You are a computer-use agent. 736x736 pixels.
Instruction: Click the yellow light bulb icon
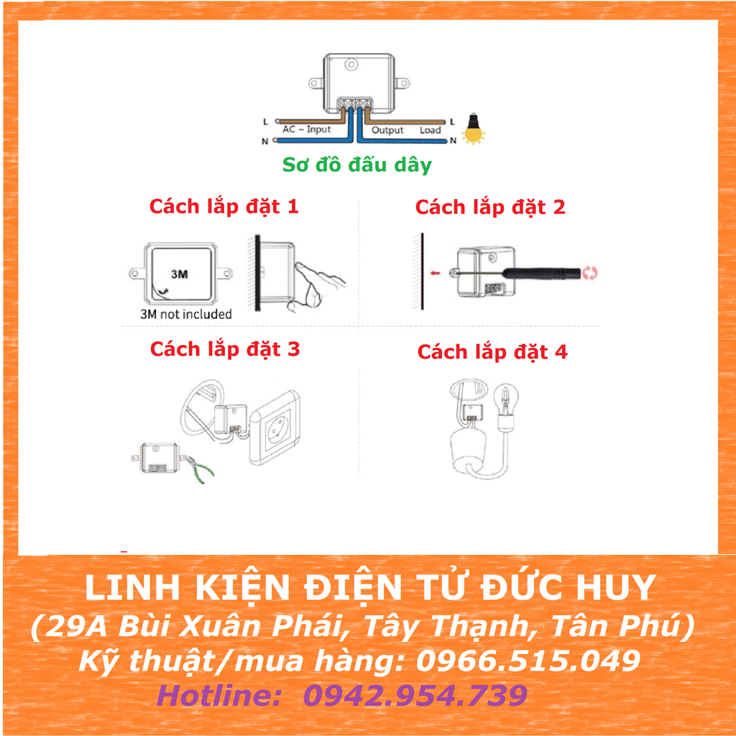[473, 129]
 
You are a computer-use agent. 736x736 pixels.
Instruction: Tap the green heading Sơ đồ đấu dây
[356, 165]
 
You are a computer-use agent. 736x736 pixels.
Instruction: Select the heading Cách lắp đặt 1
[224, 206]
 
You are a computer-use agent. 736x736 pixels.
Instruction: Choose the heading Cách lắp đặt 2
[490, 207]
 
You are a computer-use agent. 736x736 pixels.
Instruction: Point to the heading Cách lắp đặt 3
[225, 349]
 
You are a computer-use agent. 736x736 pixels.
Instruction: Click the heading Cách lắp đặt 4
[492, 351]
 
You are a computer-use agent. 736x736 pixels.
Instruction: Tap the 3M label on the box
[179, 274]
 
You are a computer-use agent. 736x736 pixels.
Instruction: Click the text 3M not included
[186, 314]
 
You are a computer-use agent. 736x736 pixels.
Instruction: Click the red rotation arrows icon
[589, 272]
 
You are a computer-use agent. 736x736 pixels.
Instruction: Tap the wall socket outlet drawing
[274, 428]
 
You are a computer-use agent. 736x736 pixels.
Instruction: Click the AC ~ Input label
[306, 129]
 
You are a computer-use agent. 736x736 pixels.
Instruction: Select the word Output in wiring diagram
[387, 130]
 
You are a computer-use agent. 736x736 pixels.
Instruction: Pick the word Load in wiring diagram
[431, 130]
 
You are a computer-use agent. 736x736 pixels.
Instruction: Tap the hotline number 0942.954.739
[415, 695]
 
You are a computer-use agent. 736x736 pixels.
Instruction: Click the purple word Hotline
[218, 695]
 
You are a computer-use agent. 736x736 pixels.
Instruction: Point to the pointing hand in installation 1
[318, 287]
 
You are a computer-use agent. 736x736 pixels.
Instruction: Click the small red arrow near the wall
[435, 272]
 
